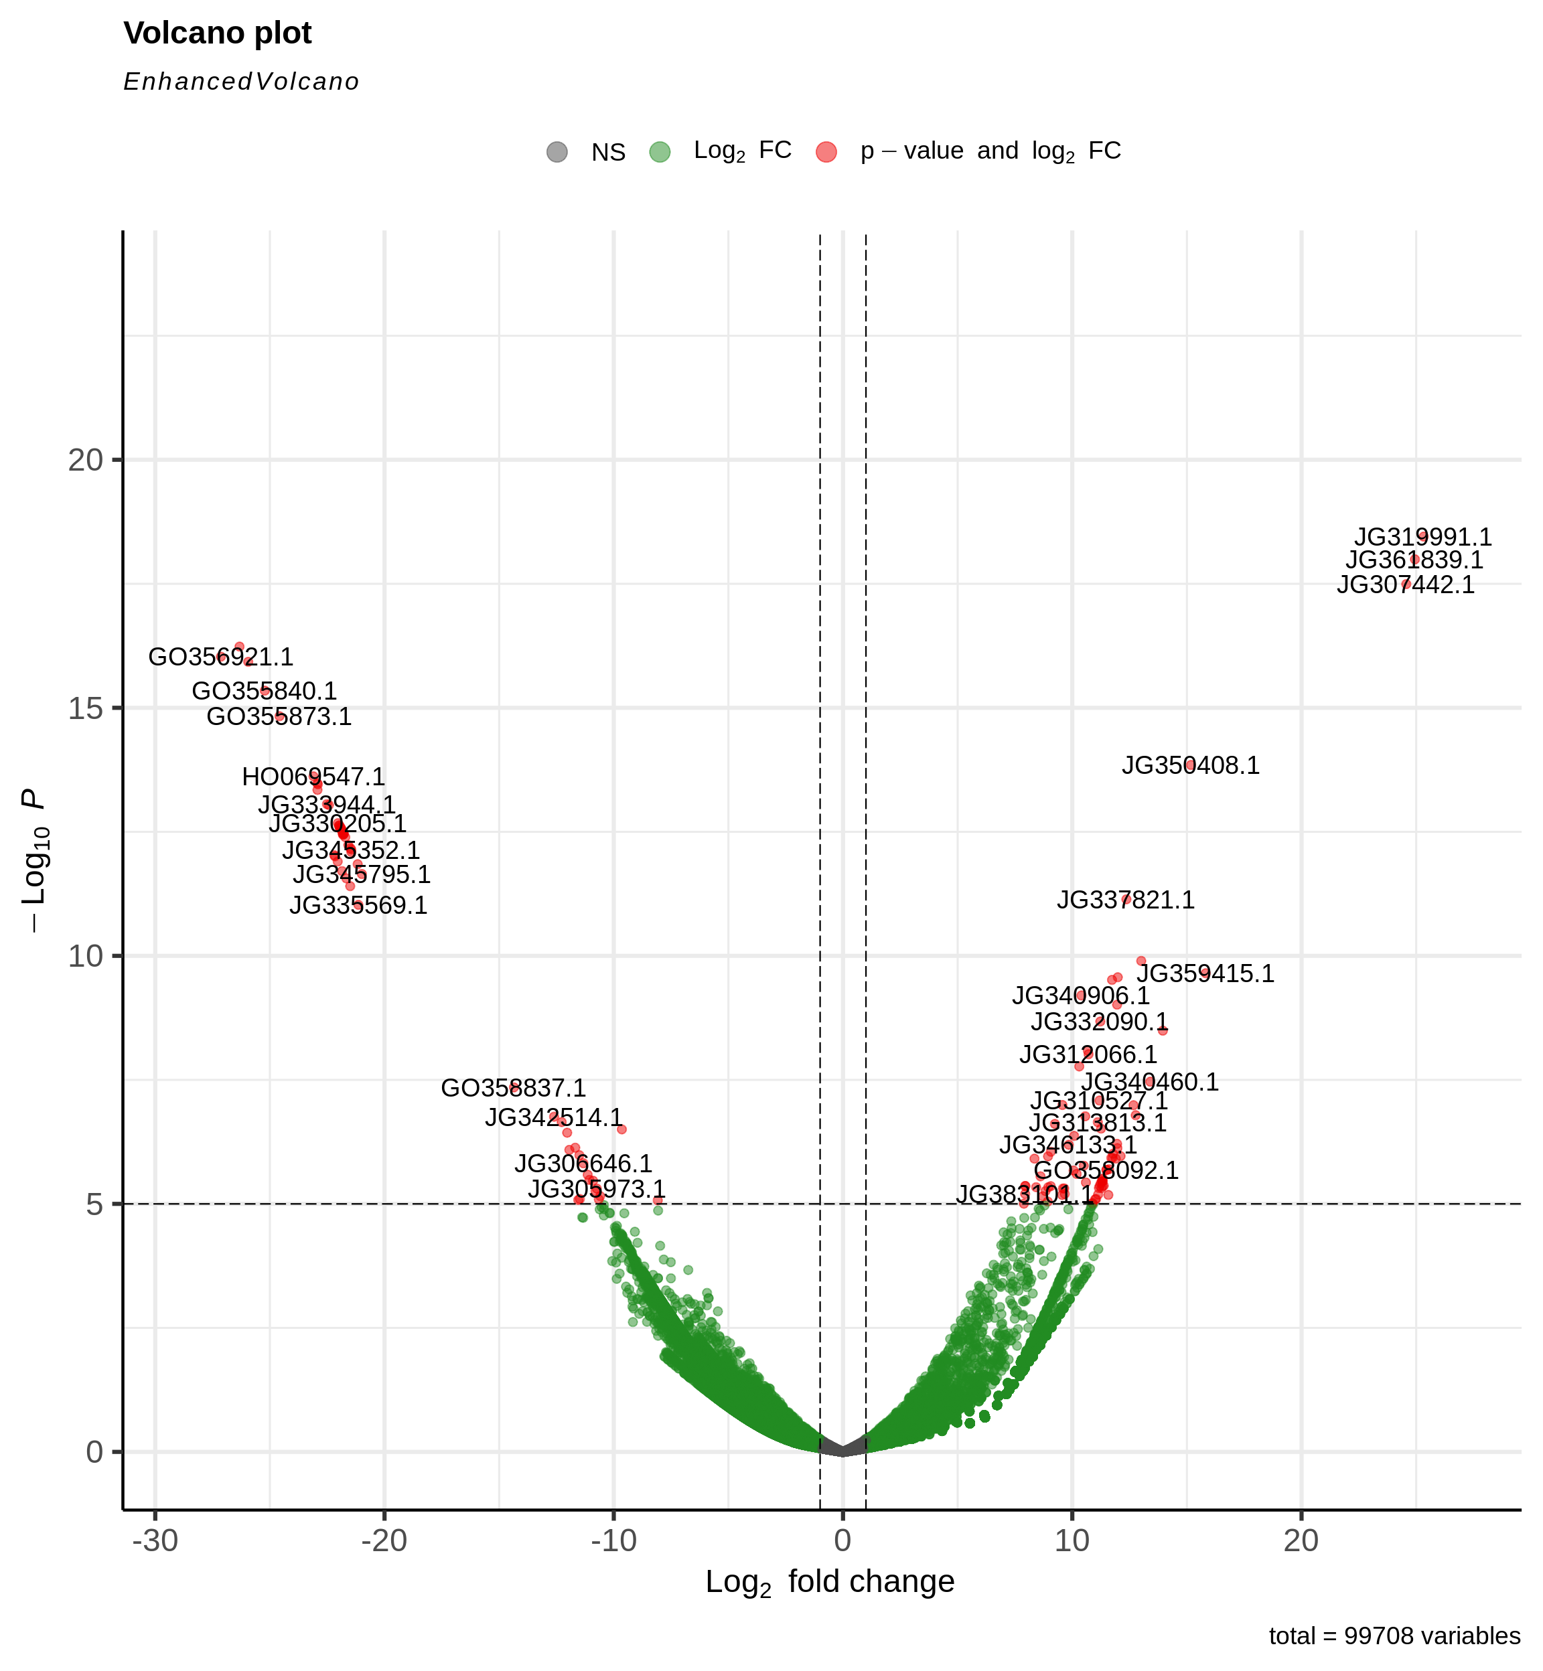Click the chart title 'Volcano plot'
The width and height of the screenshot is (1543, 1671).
217,33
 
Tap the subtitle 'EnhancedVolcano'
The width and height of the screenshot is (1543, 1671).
241,82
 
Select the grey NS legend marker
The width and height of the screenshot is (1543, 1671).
557,152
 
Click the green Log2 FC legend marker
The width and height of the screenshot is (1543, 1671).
660,152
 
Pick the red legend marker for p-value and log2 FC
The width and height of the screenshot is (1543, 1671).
826,152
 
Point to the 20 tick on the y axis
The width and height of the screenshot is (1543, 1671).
85,460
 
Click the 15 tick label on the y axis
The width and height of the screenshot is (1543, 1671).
85,708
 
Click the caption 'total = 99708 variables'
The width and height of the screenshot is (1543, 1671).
1394,1637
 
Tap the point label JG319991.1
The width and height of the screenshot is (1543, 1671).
1422,537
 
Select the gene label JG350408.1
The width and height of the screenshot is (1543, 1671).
1190,765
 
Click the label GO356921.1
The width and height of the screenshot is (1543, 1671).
220,657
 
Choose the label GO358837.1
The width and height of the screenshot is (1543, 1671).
513,1089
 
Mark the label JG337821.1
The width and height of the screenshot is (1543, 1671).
1126,900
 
